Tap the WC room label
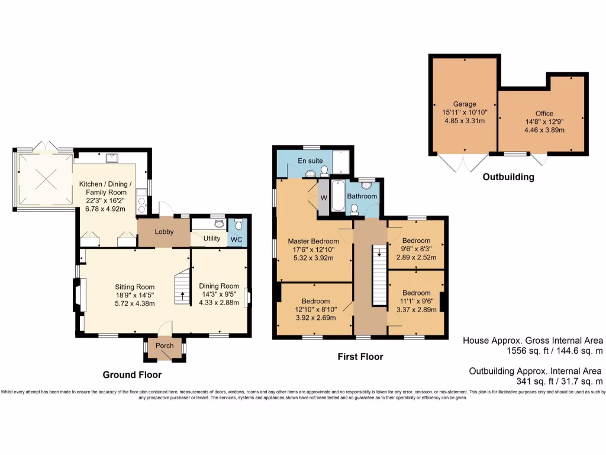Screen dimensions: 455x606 [236, 239]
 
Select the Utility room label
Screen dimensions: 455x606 [212, 239]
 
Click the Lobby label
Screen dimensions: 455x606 [163, 232]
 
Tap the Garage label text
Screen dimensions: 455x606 [465, 104]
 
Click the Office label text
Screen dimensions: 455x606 [544, 113]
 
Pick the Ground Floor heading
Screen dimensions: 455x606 [132, 374]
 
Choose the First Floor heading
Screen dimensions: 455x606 [360, 357]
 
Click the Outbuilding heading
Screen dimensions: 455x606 [508, 177]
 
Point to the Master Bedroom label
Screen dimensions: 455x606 [313, 241]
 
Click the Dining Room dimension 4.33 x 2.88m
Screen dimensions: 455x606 [218, 303]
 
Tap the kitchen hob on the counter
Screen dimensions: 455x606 [141, 205]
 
